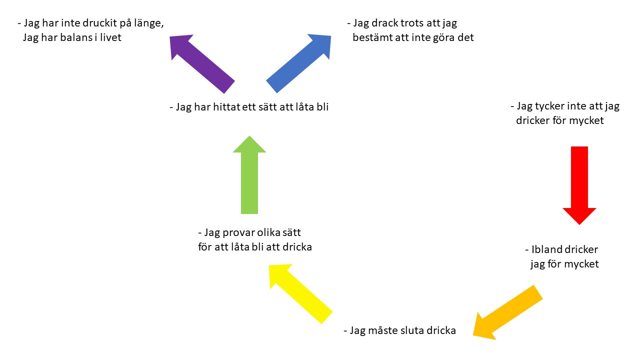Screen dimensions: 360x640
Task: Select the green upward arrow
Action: pos(249,175)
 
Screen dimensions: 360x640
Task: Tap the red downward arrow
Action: pos(579,185)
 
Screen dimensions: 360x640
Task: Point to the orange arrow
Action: pos(507,312)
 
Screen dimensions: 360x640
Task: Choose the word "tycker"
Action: pos(552,106)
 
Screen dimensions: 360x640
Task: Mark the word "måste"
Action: pos(383,330)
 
